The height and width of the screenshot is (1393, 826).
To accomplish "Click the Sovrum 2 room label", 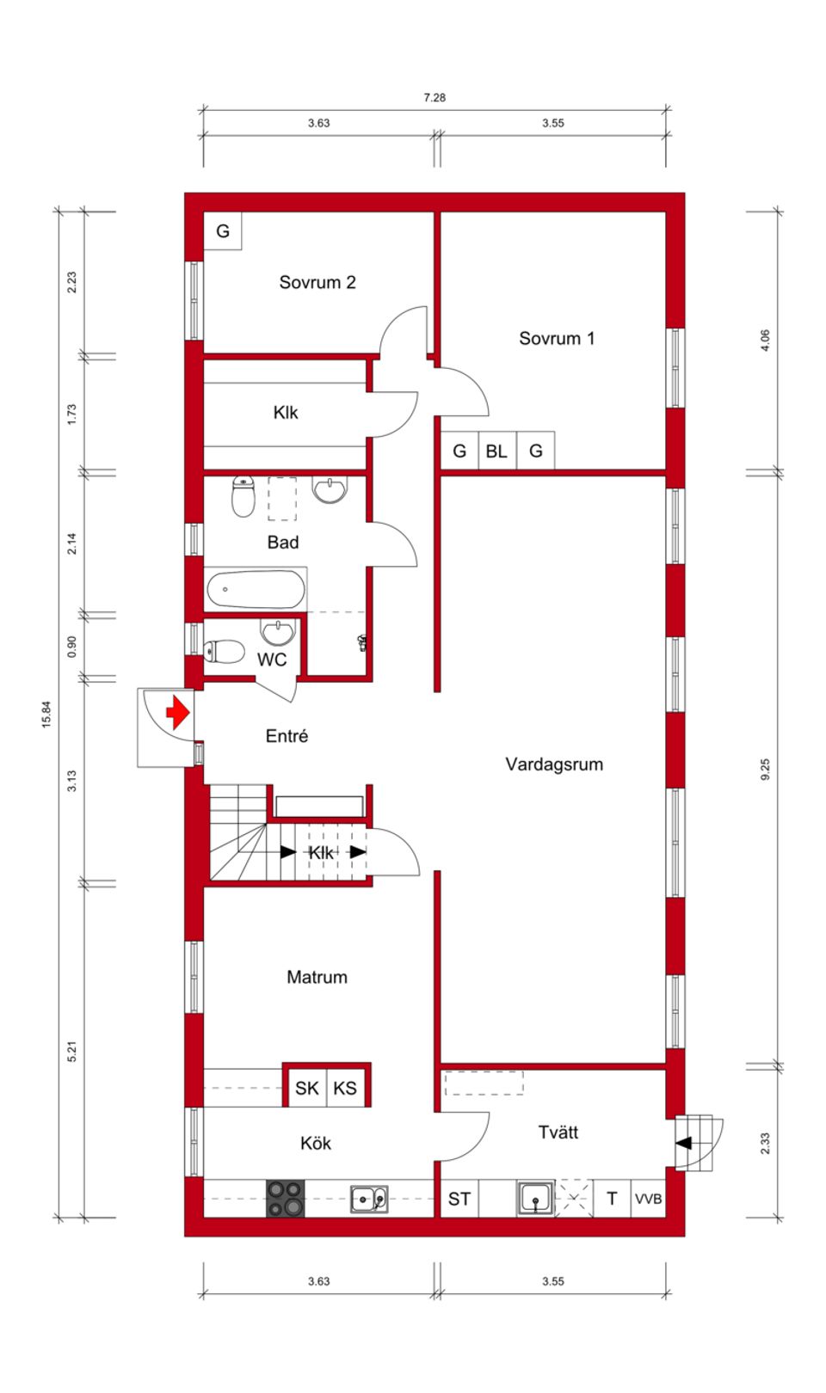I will pyautogui.click(x=317, y=283).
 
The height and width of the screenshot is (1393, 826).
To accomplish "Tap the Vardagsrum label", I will pyautogui.click(x=553, y=764).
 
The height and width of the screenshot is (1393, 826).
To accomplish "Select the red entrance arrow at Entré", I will pyautogui.click(x=177, y=713).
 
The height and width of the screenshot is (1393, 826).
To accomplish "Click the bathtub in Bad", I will pyautogui.click(x=256, y=591).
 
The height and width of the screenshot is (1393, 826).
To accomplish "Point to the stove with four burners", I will pyautogui.click(x=285, y=1198).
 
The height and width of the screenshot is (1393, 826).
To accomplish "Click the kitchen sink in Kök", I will pyautogui.click(x=368, y=1198).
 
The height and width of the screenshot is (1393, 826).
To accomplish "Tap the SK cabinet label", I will pyautogui.click(x=306, y=1088).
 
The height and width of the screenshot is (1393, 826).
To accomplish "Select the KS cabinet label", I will pyautogui.click(x=345, y=1088).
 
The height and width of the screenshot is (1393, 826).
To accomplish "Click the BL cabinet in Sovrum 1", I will pyautogui.click(x=496, y=451).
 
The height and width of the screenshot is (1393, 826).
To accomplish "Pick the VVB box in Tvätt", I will pyautogui.click(x=648, y=1199).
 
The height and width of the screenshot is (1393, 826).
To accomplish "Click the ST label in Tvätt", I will pyautogui.click(x=459, y=1199).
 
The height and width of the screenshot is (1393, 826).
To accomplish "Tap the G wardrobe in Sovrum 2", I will pyautogui.click(x=223, y=230).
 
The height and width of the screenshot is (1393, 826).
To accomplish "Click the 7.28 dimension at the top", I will pyautogui.click(x=435, y=98).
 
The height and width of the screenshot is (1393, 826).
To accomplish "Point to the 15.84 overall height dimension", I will pyautogui.click(x=46, y=715).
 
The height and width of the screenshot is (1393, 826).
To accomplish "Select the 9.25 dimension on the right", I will pyautogui.click(x=765, y=769).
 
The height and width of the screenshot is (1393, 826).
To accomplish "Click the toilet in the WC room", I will pyautogui.click(x=223, y=651).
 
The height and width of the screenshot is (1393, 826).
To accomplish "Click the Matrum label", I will pyautogui.click(x=317, y=977).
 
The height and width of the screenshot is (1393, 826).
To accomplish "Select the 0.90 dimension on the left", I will pyautogui.click(x=71, y=647).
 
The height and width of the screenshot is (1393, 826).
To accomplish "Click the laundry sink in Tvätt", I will pyautogui.click(x=535, y=1198).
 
